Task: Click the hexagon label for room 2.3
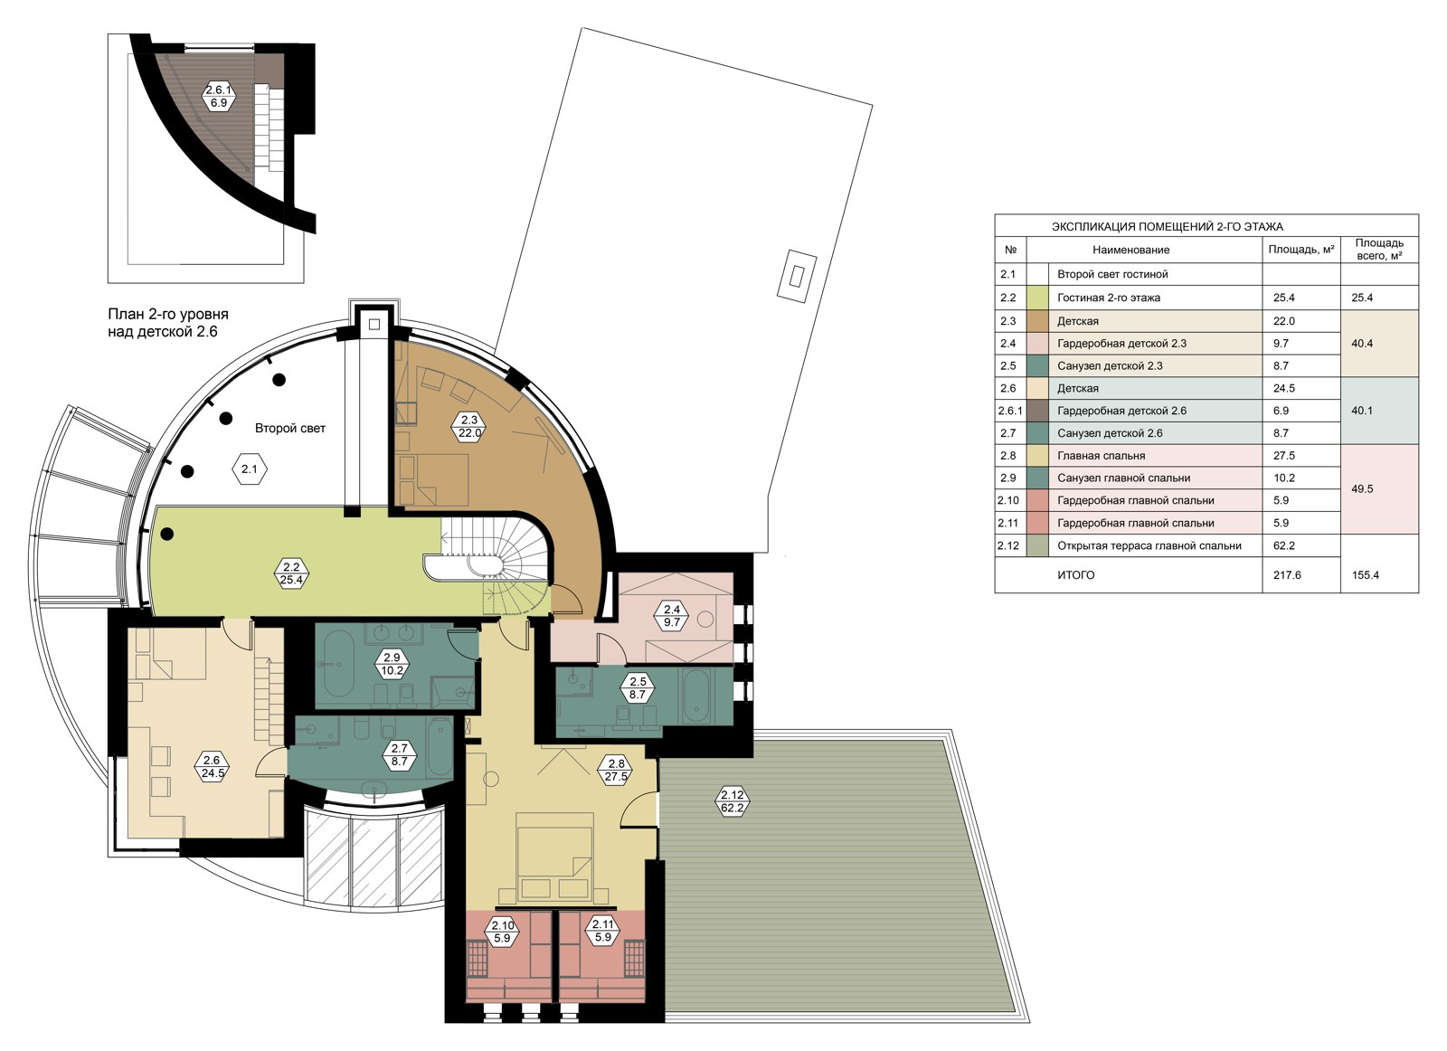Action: click(469, 427)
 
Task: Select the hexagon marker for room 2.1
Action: click(250, 469)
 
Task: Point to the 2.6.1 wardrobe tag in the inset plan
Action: click(218, 97)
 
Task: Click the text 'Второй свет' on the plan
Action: click(290, 429)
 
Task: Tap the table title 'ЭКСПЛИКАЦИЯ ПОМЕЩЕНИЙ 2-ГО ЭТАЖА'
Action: click(1168, 227)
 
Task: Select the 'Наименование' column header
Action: click(1131, 250)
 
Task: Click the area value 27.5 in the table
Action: click(1283, 456)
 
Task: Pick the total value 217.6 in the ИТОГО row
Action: click(1287, 574)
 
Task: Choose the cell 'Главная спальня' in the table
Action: click(1101, 456)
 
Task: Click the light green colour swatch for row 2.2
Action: click(1038, 298)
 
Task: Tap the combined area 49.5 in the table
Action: click(1362, 489)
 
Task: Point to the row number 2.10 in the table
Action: click(1008, 500)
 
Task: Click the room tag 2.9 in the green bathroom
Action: click(392, 665)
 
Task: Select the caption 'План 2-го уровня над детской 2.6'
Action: click(168, 323)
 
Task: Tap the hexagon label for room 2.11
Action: click(602, 931)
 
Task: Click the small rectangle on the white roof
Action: click(796, 277)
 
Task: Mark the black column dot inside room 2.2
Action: click(166, 534)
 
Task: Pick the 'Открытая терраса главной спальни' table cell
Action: click(1149, 545)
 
